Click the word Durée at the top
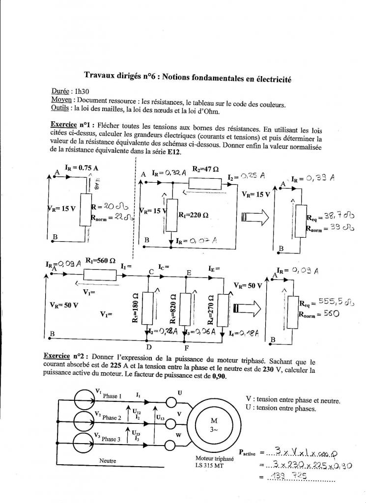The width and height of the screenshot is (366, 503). click(x=60, y=91)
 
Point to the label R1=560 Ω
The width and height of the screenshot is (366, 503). click(x=100, y=261)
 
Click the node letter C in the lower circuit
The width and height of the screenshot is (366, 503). click(x=151, y=272)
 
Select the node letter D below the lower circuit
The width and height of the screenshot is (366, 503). click(x=149, y=347)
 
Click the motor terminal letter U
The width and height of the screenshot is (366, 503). click(x=180, y=392)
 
